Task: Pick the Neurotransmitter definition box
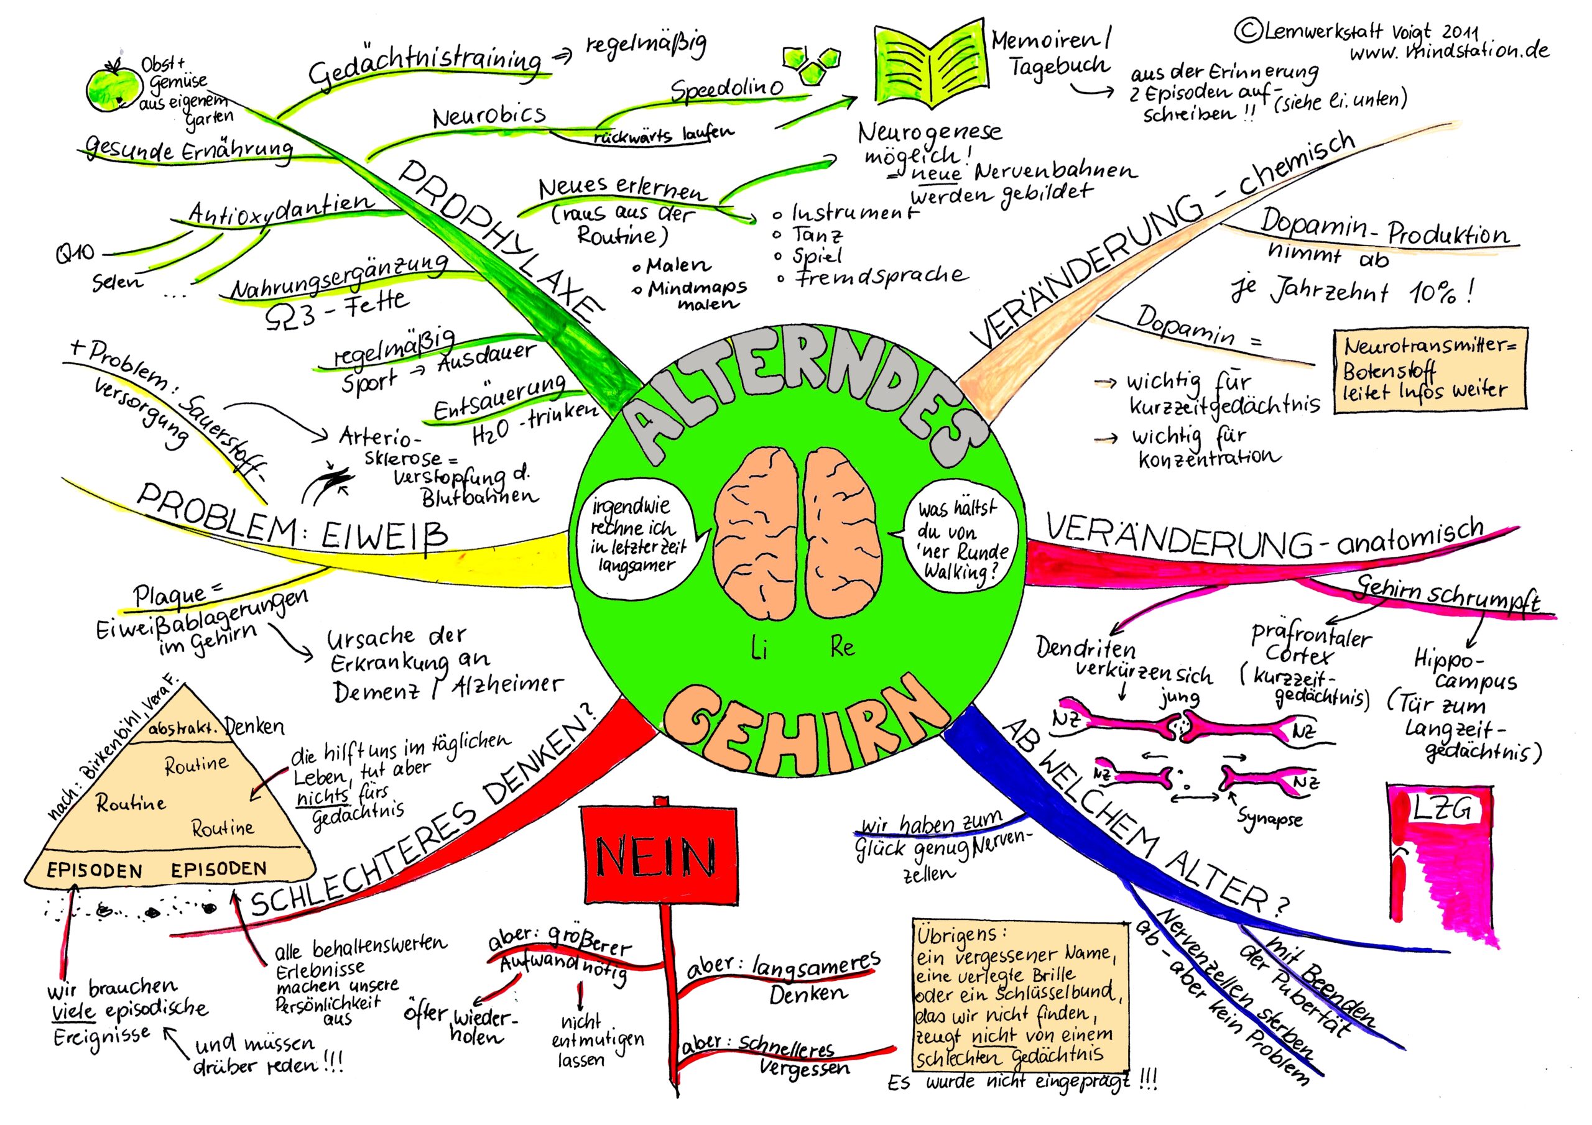coord(1431,371)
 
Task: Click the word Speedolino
coord(728,88)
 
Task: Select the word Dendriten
coord(1086,648)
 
